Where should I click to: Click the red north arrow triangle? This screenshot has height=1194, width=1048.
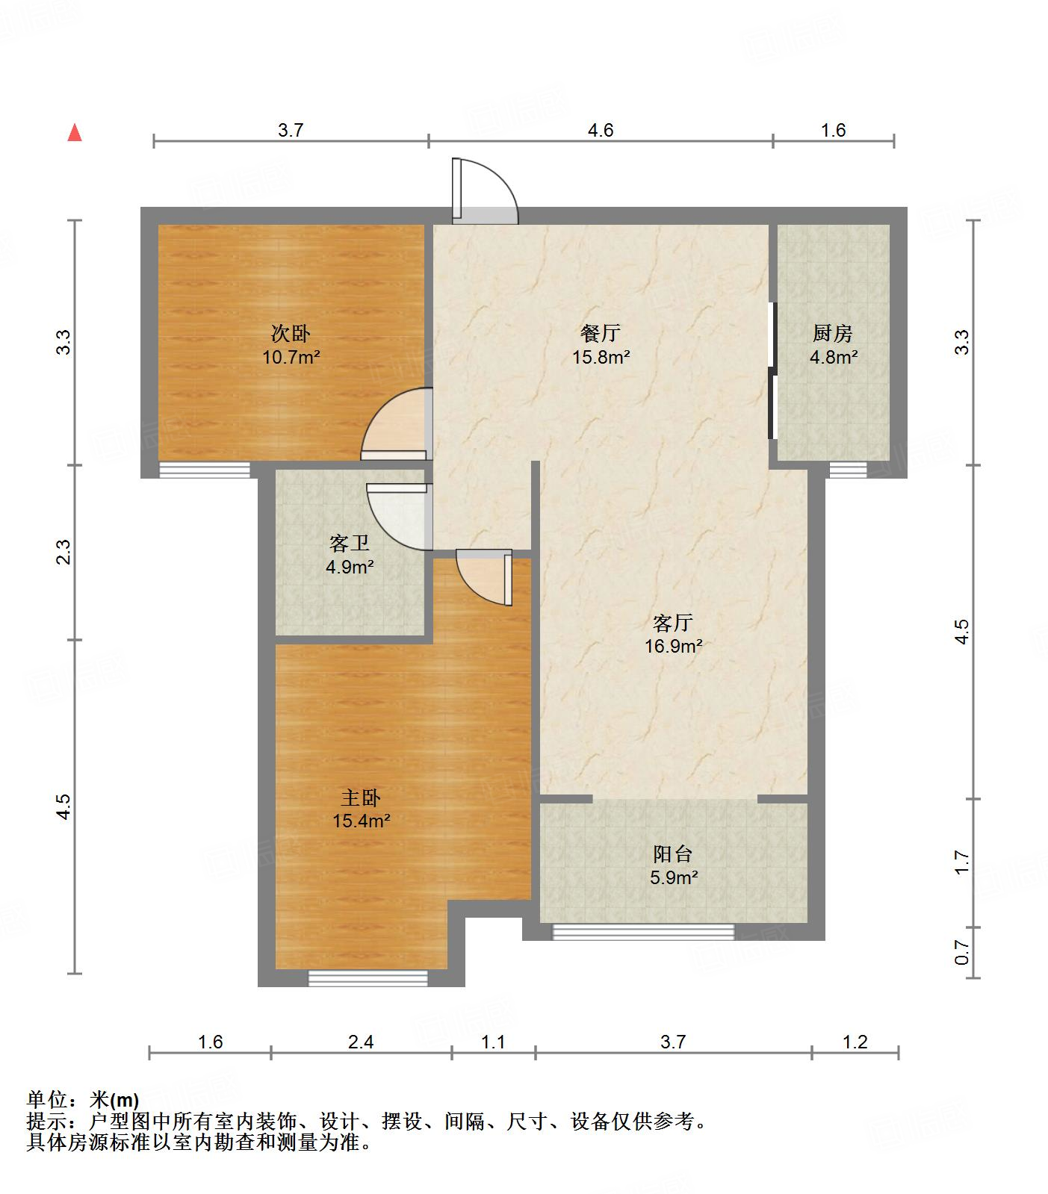[75, 133]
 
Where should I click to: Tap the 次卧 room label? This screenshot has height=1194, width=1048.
[291, 333]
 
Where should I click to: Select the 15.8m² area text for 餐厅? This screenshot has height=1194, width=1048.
[601, 357]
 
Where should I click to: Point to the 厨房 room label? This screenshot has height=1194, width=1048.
[833, 333]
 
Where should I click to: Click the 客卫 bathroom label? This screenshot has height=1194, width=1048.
[350, 543]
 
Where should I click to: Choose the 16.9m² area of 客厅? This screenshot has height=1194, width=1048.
[674, 647]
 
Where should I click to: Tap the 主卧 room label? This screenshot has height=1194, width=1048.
[362, 797]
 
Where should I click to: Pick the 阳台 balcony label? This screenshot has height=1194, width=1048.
[673, 853]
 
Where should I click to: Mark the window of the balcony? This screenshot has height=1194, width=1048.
[643, 932]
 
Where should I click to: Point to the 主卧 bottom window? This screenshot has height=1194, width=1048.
[368, 978]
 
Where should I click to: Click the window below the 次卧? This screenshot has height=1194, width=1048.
[205, 470]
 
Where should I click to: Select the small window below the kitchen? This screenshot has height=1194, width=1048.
[849, 470]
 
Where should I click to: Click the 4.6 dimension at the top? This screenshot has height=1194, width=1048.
[601, 131]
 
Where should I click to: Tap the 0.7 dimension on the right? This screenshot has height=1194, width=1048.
[962, 952]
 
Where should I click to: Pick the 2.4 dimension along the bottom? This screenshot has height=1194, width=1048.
[361, 1042]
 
